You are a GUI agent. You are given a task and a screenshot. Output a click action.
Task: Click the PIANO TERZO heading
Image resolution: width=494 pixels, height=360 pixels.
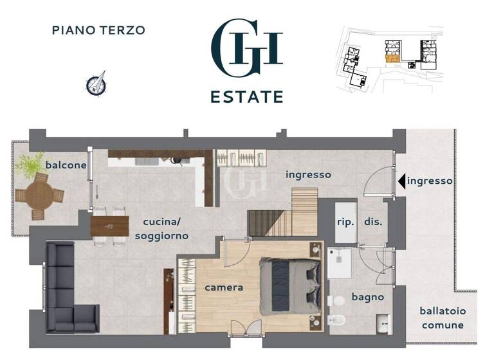coord(98,30)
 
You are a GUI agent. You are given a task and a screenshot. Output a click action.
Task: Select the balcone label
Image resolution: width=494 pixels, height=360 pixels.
coord(66,165)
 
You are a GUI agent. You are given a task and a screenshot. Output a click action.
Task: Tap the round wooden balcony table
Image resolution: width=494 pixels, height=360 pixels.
coord(40,195)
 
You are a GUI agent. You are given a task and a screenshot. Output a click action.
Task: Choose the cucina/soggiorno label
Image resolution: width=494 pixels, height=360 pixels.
coord(161,229)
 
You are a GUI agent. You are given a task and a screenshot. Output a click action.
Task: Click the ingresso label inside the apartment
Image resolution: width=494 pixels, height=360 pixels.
coord(308,174)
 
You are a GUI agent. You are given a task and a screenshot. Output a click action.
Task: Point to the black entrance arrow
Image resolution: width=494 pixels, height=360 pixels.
coord(401,181)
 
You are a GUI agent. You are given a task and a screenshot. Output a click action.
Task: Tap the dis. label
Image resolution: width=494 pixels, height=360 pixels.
coord(373,222)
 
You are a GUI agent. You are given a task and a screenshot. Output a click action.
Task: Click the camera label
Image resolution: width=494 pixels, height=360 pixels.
coord(223,287)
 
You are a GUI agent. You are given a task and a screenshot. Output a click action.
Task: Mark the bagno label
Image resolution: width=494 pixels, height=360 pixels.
coord(367,297)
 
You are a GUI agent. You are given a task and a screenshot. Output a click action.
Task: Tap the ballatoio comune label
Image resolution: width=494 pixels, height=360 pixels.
coord(443,318)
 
